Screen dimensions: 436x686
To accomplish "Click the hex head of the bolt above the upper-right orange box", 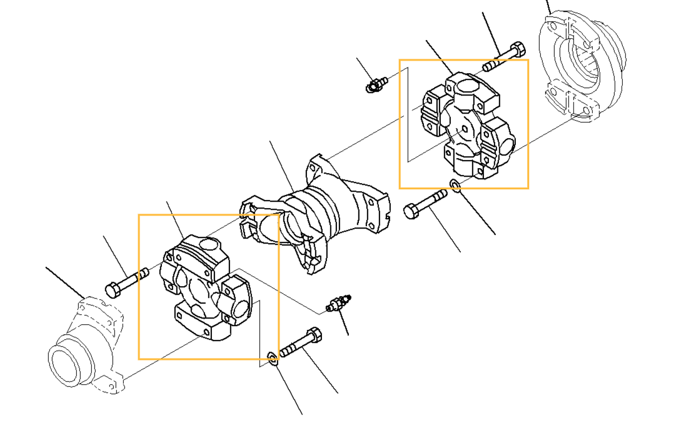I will [517, 49].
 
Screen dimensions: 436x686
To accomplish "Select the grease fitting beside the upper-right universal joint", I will [375, 84].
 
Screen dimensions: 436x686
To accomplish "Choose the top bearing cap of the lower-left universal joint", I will [200, 252].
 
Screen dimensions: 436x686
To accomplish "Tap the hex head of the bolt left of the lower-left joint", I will [113, 290].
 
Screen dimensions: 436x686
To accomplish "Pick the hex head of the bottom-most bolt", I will [315, 335].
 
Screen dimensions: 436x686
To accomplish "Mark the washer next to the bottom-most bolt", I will [272, 357].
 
